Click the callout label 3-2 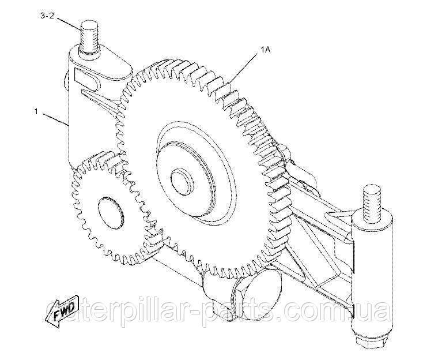(47, 16)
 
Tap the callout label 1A (265, 50)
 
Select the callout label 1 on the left (36, 111)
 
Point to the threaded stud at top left (89, 37)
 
